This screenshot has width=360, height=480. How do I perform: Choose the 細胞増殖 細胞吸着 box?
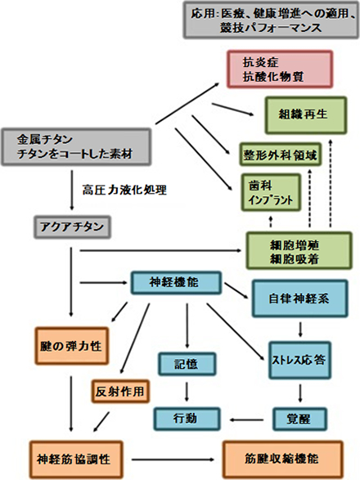[x=299, y=249]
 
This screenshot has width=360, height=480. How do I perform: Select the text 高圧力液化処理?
[x=124, y=191]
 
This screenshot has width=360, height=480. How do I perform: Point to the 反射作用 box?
[x=119, y=392]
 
